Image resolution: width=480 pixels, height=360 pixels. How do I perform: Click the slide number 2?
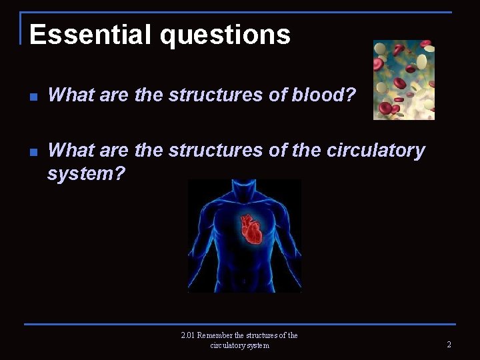point(449,345)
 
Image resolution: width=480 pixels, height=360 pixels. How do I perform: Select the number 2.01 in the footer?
point(190,335)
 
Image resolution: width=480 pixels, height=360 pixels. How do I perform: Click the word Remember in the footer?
point(222,335)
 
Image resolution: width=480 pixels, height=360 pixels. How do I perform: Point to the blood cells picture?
point(404,80)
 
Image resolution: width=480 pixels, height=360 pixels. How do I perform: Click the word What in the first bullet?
point(71,95)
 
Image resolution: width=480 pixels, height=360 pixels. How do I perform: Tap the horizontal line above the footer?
point(240,325)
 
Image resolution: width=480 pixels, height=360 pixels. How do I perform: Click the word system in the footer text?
point(257,345)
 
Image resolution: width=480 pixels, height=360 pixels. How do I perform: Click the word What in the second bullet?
point(71,151)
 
